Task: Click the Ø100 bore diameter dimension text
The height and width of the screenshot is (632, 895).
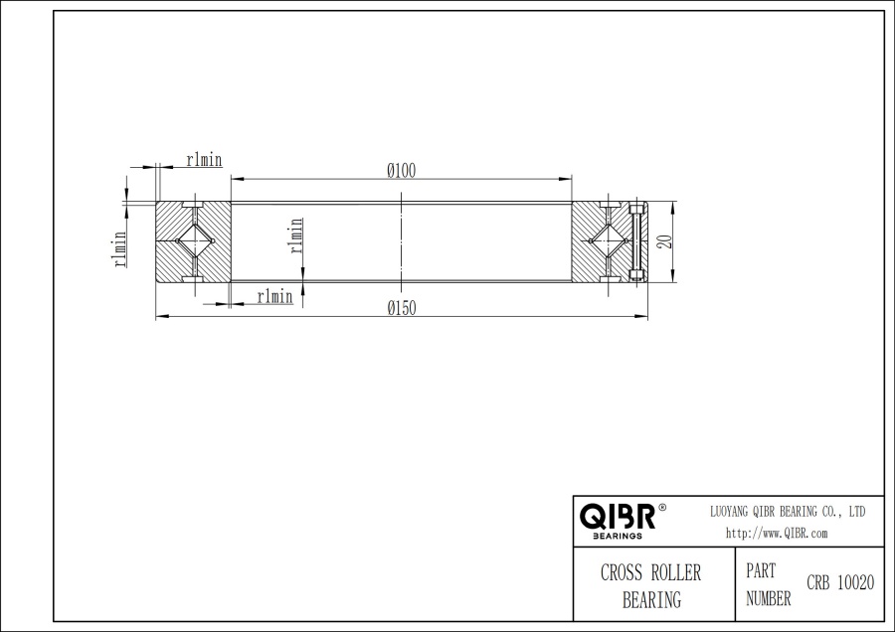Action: (x=401, y=171)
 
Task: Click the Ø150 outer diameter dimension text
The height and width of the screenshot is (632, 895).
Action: (x=401, y=308)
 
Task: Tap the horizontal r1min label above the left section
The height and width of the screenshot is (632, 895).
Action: (x=204, y=160)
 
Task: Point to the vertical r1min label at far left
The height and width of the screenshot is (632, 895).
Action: (x=118, y=248)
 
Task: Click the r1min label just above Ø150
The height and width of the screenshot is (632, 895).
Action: (x=274, y=296)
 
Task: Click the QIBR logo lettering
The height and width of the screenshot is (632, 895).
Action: (x=617, y=517)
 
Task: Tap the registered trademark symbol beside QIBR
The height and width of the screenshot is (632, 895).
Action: (x=663, y=508)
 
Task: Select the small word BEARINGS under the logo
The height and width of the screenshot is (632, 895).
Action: (x=617, y=536)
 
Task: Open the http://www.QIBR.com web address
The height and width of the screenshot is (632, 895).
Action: (x=777, y=533)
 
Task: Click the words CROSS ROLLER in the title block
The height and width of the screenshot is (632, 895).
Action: (x=650, y=573)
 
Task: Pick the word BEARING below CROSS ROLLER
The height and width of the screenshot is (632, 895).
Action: (x=651, y=599)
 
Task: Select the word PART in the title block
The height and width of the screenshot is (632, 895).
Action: (x=761, y=571)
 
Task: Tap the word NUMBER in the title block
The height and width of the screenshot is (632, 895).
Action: (x=768, y=598)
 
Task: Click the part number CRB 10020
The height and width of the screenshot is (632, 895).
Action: (x=839, y=583)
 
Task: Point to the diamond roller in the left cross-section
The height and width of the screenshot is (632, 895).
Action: (x=194, y=240)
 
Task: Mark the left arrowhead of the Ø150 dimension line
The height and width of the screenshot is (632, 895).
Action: (x=159, y=318)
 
